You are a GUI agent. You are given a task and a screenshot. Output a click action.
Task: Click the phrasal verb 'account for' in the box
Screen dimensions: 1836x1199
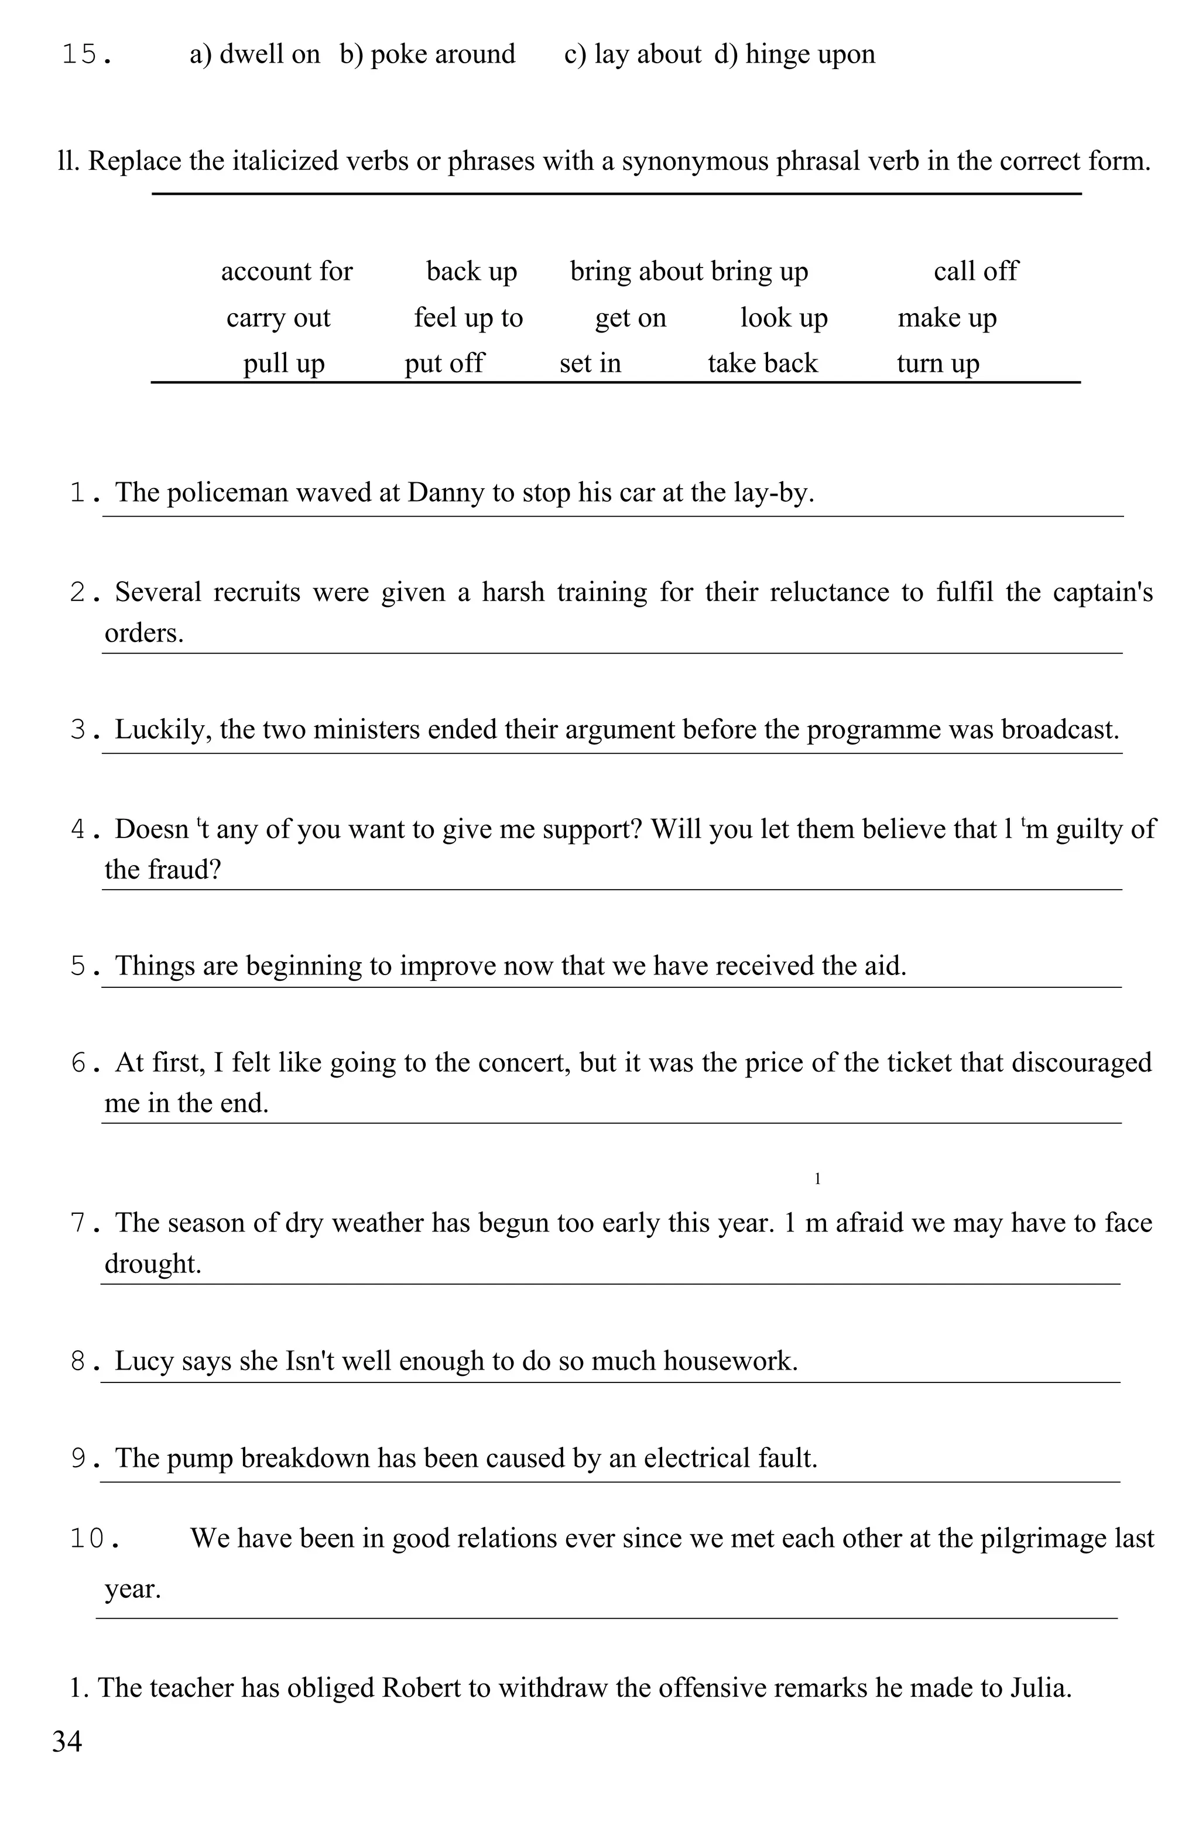pyautogui.click(x=286, y=272)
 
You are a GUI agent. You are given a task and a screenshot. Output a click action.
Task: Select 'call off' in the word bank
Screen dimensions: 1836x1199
pyautogui.click(x=975, y=272)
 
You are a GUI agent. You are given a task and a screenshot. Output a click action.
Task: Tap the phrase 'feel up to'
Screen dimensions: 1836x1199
pyautogui.click(x=468, y=318)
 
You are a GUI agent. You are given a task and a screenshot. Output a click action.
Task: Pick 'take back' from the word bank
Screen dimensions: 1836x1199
pyautogui.click(x=762, y=363)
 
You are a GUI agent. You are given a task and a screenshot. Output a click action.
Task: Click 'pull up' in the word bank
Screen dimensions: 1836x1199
pyautogui.click(x=284, y=363)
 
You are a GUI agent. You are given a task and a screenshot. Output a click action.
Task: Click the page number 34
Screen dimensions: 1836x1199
pyautogui.click(x=67, y=1741)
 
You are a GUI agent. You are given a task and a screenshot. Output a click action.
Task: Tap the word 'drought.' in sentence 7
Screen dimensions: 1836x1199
pyautogui.click(x=153, y=1264)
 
